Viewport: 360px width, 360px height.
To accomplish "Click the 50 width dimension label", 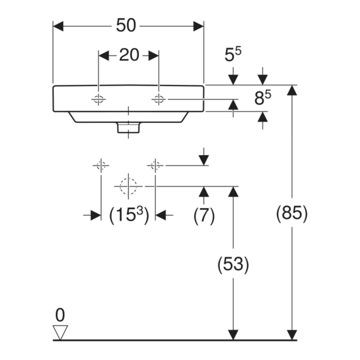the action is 126,25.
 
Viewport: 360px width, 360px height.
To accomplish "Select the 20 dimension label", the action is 129,55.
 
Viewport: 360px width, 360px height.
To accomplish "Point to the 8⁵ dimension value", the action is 262,97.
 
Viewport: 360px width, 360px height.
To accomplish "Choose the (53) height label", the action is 233,263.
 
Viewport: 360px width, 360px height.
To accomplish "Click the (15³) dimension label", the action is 129,215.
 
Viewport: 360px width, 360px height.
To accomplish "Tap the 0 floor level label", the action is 60,315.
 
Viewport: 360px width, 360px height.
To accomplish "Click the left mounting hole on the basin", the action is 98,99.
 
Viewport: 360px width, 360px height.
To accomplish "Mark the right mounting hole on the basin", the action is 158,99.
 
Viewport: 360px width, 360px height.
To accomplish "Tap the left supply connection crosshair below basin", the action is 101,165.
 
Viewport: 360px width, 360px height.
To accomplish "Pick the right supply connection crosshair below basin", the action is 155,165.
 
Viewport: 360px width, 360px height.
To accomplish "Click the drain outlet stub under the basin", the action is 128,127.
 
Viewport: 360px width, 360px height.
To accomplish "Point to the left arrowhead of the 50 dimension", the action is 58,26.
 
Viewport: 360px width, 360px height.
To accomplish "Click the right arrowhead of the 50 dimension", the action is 198,26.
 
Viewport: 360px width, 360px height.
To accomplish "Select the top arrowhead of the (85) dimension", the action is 292,90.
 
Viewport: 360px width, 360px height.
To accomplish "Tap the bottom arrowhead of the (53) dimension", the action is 233,334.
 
